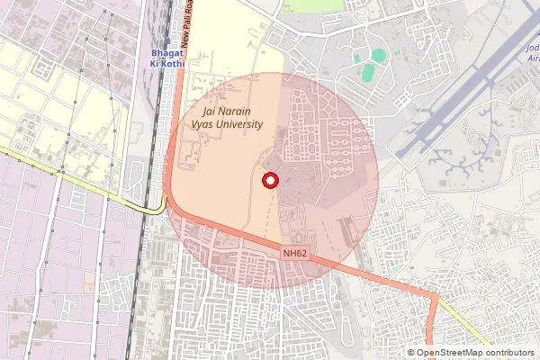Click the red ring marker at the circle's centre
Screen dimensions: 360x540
tap(268, 180)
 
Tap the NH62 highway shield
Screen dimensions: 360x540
tap(295, 254)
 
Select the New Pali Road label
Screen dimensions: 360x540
tap(186, 24)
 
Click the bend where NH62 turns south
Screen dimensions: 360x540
tap(436, 297)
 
